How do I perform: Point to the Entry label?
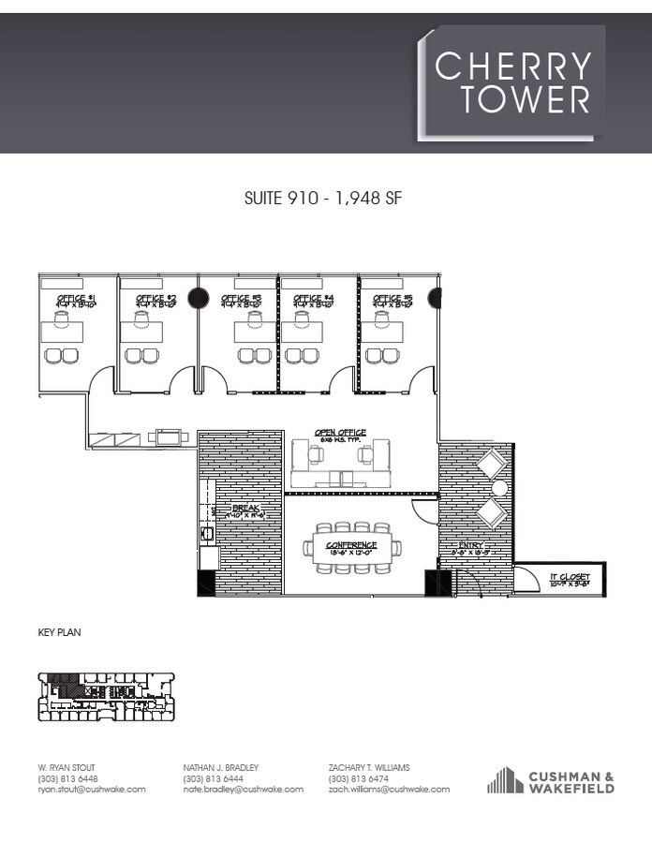(470, 548)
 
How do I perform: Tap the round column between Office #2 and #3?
(198, 298)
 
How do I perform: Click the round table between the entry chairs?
(499, 488)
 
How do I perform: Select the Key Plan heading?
(59, 633)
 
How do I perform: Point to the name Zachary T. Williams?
(369, 768)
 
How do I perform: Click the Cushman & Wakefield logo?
(551, 781)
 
